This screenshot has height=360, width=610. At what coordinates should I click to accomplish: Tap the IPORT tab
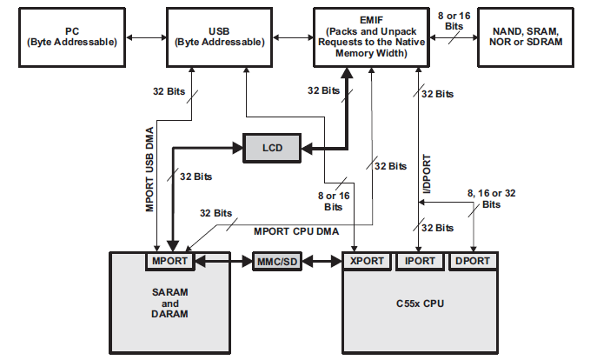point(420,261)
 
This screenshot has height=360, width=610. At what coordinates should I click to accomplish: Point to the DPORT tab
point(473,261)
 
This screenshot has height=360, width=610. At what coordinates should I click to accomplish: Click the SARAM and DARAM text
point(171,302)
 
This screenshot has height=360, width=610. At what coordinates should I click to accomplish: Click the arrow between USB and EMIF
point(289,39)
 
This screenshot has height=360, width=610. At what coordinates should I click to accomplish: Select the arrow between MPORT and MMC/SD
point(224,261)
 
